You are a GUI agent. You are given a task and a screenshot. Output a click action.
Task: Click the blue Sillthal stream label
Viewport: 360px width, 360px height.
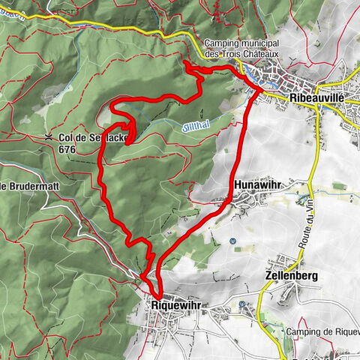pos(193,127)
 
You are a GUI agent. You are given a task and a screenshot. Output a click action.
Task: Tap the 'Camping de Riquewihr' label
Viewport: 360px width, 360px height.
pos(322,331)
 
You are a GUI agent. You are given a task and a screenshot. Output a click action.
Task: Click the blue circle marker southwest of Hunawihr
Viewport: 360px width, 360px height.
pos(232,241)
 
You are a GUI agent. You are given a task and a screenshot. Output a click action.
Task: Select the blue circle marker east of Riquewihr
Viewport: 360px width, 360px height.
pos(242,304)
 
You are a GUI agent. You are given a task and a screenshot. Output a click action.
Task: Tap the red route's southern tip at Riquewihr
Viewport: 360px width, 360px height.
pos(158,295)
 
